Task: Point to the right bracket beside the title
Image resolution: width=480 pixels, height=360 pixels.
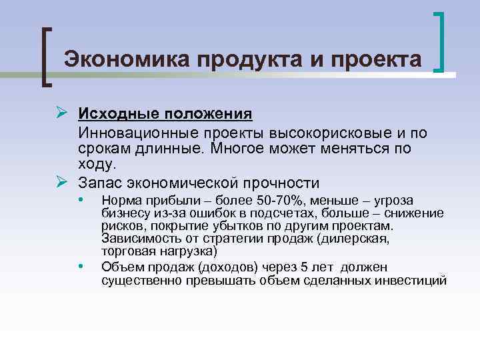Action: pyautogui.click(x=441, y=41)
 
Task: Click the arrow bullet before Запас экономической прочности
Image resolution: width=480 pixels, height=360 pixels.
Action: pyautogui.click(x=63, y=182)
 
